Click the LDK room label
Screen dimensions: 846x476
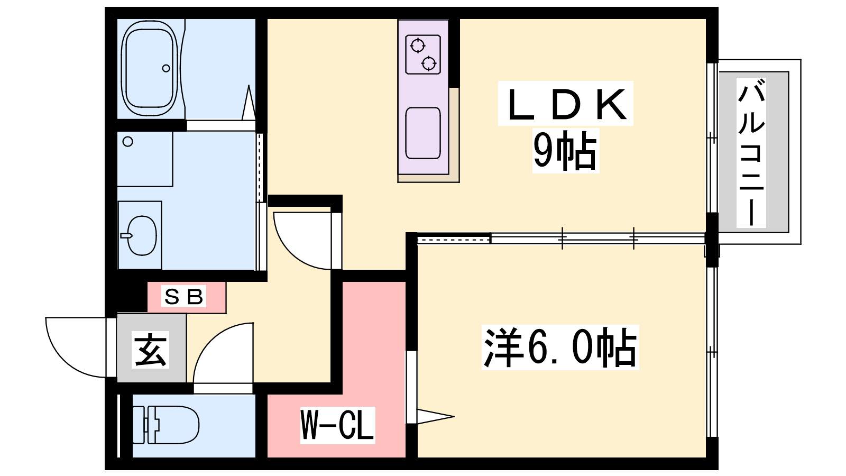(565, 104)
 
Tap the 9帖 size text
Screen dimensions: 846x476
(565, 151)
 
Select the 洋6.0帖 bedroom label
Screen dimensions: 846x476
(560, 347)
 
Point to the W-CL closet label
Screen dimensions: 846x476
(337, 425)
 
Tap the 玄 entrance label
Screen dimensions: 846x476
(150, 350)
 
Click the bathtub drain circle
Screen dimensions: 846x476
(166, 68)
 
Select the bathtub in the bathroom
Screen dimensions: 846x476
(150, 68)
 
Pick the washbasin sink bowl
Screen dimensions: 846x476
(142, 236)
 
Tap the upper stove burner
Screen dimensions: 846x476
(418, 45)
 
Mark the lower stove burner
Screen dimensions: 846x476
(429, 63)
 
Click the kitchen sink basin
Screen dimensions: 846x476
(423, 133)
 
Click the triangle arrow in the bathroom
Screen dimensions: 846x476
(249, 103)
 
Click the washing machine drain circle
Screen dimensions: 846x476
(128, 142)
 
